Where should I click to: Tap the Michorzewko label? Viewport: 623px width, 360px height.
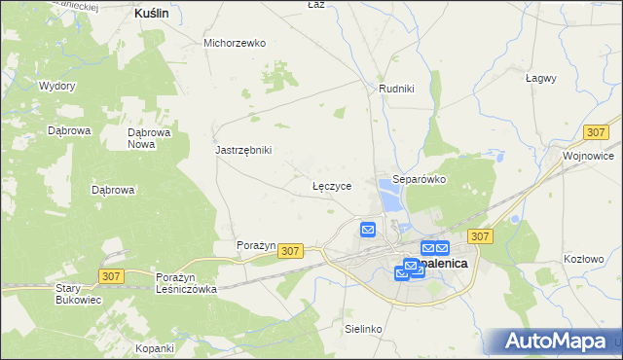click(235, 43)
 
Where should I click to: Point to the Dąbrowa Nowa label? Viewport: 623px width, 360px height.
click(150, 138)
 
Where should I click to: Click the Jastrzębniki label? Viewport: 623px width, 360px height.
click(243, 150)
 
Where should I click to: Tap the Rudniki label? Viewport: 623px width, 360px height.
click(396, 89)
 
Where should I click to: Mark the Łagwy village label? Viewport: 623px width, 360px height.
click(540, 78)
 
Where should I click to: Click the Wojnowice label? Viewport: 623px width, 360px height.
click(588, 156)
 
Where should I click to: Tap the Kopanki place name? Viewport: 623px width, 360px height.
click(155, 348)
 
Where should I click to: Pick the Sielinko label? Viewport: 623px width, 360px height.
click(363, 329)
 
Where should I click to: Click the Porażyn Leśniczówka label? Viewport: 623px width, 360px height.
click(186, 283)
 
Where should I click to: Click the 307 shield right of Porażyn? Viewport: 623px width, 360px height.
click(290, 251)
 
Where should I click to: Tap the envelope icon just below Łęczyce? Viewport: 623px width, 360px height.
click(368, 230)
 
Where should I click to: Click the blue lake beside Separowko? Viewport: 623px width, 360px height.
click(390, 200)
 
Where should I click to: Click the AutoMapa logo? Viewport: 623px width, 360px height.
click(556, 341)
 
